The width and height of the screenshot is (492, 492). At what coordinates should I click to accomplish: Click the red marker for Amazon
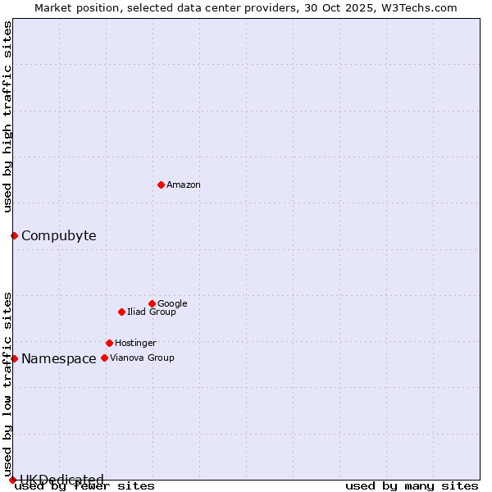161,184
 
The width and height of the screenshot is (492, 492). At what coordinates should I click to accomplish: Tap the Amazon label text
184,185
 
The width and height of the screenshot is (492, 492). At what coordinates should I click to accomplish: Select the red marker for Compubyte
14,236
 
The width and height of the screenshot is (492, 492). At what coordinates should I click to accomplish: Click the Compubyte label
58,236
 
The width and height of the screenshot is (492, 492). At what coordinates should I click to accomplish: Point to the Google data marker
152,303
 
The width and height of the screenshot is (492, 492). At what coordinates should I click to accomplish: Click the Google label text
172,304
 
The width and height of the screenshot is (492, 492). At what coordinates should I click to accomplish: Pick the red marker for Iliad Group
121,312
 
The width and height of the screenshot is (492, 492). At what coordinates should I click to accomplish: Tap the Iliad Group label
152,312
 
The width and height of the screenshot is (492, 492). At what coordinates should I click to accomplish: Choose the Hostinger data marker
109,343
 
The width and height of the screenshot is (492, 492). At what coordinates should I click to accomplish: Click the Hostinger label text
135,344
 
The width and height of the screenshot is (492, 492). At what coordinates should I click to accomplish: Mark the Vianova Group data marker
104,358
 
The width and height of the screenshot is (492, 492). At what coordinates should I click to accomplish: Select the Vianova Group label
142,358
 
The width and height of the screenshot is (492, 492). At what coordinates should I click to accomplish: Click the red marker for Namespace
14,358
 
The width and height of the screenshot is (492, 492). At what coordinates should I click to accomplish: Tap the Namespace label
58,359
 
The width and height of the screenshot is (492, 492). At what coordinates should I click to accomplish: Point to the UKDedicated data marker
12,480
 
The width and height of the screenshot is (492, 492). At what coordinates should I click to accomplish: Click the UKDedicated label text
61,480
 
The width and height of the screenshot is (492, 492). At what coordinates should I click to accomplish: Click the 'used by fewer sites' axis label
84,486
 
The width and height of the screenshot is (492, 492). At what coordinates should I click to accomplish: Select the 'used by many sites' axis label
412,486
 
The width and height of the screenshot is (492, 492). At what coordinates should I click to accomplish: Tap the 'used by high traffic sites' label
7,116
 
